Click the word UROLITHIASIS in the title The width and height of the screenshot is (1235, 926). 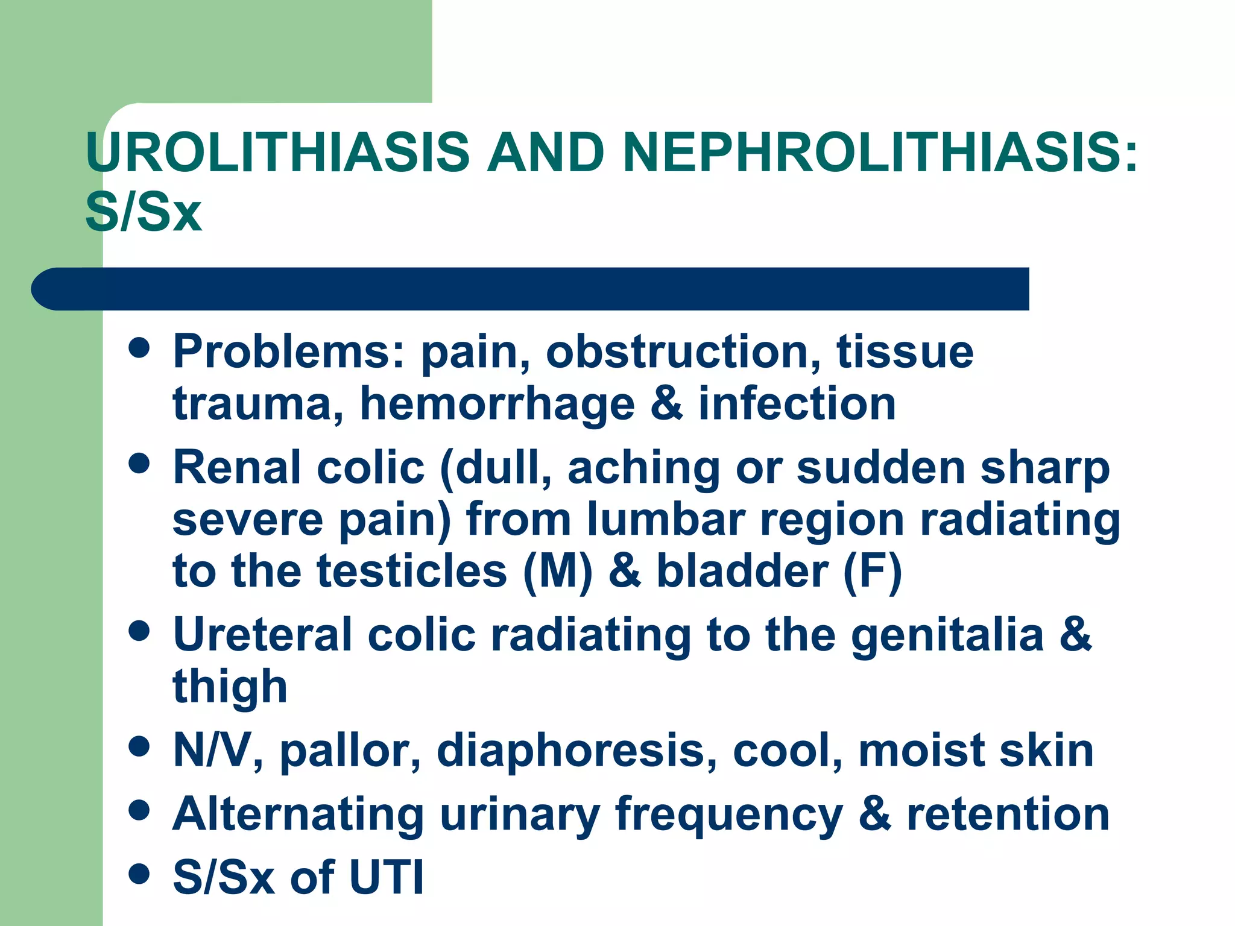277,151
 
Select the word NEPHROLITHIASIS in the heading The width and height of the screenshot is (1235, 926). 880,151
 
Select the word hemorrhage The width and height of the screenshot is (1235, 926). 497,404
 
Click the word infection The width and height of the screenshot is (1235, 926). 797,404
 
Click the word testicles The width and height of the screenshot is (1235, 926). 412,572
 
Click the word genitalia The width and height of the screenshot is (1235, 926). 947,635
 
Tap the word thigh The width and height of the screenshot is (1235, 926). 230,687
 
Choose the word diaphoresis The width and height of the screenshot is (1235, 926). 577,751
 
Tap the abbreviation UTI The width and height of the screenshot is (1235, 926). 387,878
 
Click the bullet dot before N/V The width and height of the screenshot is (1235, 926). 139,748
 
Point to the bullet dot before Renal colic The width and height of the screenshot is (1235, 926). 139,464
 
